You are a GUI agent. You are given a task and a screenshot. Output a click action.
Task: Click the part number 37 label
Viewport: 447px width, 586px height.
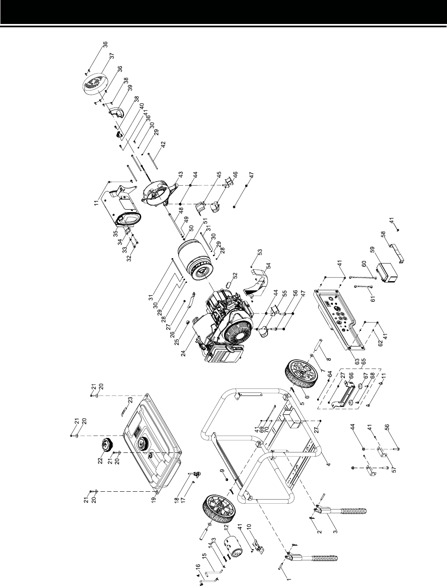(x=112, y=56)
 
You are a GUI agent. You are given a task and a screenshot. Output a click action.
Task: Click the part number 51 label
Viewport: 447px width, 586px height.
(x=205, y=221)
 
